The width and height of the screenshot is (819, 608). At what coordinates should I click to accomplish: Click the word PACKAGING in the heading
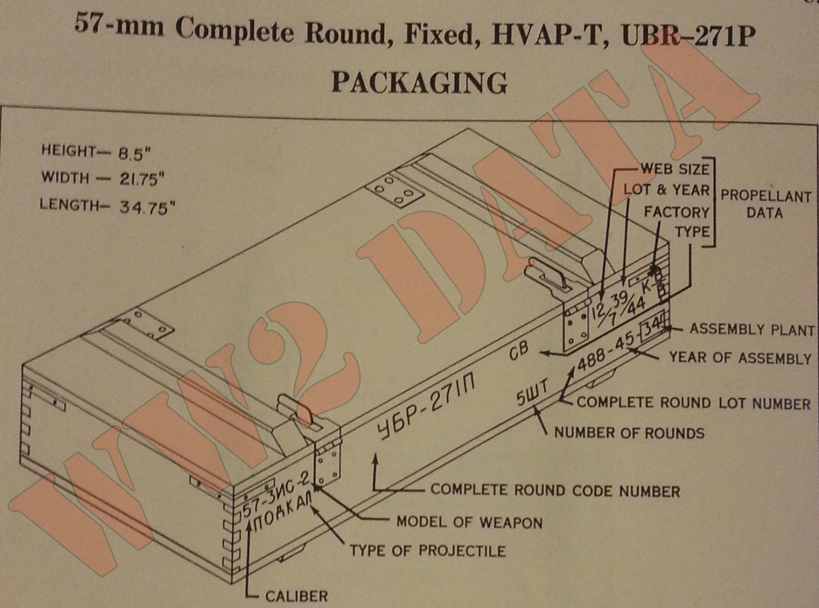419,82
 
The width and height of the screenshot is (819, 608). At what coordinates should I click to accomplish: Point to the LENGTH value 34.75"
147,207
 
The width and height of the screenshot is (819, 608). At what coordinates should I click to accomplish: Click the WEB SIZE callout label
675,169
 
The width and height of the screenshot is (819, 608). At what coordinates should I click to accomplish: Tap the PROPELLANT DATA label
765,204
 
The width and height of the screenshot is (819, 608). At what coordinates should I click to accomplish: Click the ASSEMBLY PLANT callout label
751,329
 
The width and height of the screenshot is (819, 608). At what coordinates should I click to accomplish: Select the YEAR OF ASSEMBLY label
740,358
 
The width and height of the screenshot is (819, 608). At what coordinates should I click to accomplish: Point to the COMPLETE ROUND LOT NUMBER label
693,403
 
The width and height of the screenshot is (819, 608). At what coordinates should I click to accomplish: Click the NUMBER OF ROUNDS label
629,433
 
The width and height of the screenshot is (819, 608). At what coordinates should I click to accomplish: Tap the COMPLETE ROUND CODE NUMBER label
555,491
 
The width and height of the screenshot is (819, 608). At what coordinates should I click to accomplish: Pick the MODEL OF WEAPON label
469,522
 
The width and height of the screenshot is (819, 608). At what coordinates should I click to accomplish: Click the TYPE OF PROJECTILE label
427,551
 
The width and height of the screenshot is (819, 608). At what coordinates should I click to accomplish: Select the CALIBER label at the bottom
296,596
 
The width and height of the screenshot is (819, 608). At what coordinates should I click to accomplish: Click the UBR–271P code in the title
688,34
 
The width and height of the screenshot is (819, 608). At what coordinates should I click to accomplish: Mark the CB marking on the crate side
519,352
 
